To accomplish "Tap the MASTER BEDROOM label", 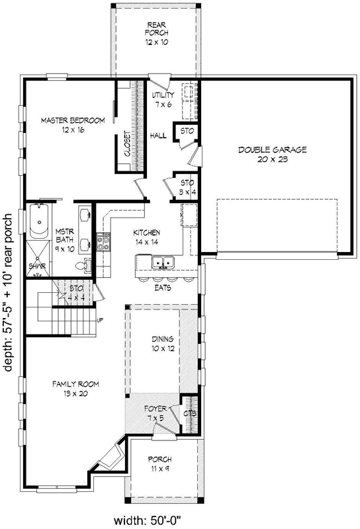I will [73, 125].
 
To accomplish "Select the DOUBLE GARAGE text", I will [273, 154].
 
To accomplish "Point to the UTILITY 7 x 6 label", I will [163, 100].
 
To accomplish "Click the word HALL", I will [158, 136].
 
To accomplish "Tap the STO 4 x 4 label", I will [78, 292].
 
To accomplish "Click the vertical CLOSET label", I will [127, 143].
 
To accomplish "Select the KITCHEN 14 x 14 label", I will [148, 237].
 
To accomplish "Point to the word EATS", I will [163, 289].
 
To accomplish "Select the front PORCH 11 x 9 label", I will [160, 464].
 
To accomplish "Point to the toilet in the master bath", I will [80, 265].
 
